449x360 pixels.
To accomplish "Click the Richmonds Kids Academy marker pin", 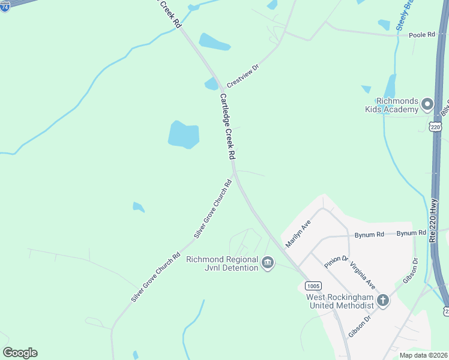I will pos(427,104).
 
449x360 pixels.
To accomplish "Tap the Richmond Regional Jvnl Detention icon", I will pos(268,263).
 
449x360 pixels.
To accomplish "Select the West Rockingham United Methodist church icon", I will pos(382,301).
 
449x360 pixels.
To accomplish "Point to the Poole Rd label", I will pos(421,35).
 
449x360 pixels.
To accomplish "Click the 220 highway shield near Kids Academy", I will pos(435,127).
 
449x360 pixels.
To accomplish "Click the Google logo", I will pos(20,353).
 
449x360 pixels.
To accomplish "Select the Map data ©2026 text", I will pos(423,355).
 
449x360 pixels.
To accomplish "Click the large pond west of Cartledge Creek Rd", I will pos(183,134).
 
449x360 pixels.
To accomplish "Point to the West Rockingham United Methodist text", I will pos(340,301).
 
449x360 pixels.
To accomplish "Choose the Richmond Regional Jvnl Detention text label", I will pos(222,263).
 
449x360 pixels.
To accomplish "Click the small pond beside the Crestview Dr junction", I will pos(211,84).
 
